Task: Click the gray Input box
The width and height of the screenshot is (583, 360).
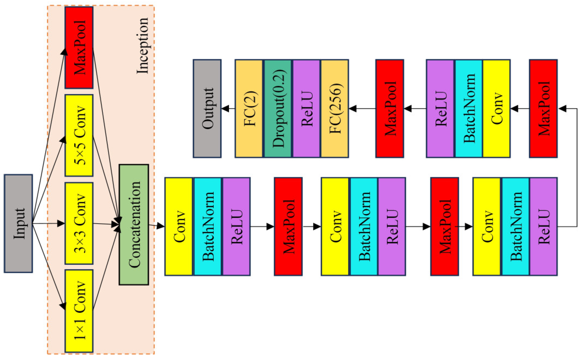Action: click(18, 223)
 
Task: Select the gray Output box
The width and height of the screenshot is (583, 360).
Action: click(207, 109)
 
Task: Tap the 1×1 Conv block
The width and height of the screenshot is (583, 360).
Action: click(79, 311)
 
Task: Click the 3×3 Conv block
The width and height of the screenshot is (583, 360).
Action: click(79, 223)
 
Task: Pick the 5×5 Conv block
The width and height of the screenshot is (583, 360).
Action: click(79, 135)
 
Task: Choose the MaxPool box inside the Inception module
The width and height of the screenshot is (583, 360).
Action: click(79, 48)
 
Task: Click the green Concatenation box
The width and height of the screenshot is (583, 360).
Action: click(134, 224)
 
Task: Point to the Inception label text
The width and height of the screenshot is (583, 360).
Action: click(142, 46)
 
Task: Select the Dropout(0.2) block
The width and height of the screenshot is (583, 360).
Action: click(278, 109)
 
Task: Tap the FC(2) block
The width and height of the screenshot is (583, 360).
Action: click(249, 109)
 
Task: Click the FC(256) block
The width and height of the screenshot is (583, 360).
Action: click(335, 109)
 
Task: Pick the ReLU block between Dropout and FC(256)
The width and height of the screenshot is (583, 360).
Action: click(306, 109)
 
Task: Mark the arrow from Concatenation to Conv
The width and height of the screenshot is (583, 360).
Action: click(157, 226)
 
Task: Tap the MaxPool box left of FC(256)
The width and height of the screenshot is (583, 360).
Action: click(390, 109)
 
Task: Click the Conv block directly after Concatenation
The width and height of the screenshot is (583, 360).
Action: click(179, 226)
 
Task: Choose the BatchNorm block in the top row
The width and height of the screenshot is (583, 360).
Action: click(468, 109)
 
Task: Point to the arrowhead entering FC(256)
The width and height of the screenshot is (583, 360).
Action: click(353, 109)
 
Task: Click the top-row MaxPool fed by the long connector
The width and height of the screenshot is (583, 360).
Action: click(543, 109)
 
